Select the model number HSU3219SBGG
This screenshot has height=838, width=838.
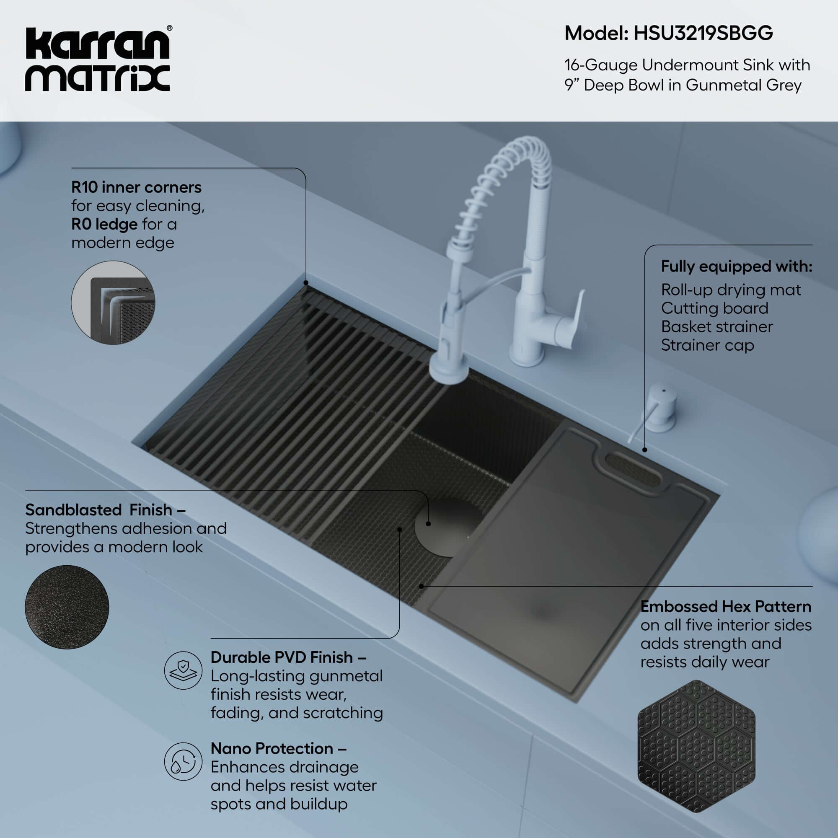coord(703,34)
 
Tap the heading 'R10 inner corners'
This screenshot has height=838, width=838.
coord(136,187)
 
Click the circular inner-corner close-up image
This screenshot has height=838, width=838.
coord(113,303)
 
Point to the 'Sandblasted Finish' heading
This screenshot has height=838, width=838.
coord(106,510)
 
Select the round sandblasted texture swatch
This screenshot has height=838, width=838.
coord(67,607)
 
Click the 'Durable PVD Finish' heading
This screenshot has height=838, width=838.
coord(288,657)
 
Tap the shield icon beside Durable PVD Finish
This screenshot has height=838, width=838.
coord(183,670)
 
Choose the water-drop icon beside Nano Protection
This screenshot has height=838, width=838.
coord(183,761)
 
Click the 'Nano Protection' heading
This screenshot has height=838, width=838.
coord(279,749)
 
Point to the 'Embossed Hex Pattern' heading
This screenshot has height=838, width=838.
coord(726,606)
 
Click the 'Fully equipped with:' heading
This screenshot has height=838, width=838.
coord(737,266)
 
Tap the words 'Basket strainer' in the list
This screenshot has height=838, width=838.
coord(716,327)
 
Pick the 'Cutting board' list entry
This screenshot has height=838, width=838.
coord(714,308)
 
